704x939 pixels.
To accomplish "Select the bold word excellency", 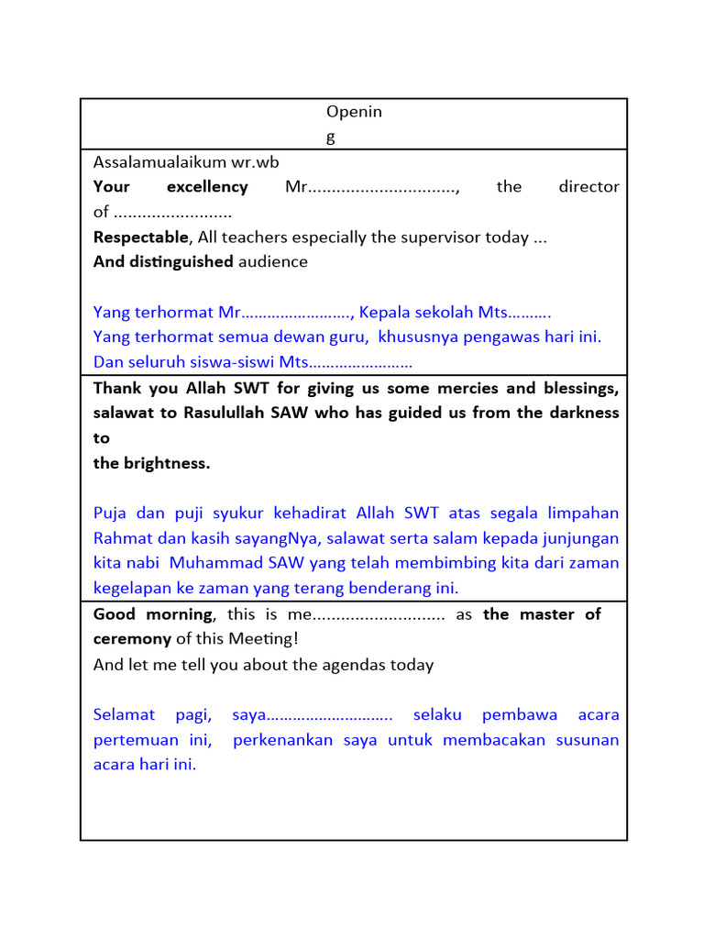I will (207, 187).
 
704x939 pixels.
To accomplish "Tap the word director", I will (588, 187).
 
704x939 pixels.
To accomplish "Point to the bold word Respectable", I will (140, 238).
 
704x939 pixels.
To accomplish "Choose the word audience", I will (273, 262).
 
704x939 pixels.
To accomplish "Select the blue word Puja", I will (110, 513).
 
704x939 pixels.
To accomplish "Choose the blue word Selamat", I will (122, 714).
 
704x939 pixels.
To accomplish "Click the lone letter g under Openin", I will (331, 138).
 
